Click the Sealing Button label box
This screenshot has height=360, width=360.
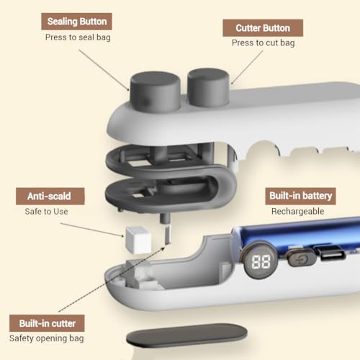point(76,22)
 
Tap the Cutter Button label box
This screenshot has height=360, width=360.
point(263,28)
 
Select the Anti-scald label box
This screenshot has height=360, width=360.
point(50,197)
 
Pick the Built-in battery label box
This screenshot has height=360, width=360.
point(300,196)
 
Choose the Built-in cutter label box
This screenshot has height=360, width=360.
point(47,323)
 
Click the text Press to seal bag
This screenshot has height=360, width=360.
point(78,37)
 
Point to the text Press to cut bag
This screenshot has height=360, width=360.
point(264,43)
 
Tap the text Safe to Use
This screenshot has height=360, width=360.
point(46,212)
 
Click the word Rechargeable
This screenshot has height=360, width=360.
point(297,212)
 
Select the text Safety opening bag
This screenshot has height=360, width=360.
point(47,338)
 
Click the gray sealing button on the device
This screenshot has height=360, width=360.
point(155,91)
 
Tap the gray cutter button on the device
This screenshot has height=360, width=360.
point(208,87)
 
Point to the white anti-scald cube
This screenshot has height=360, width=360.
point(138,240)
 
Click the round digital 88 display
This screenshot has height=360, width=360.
point(261,261)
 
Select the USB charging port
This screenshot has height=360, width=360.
point(330,253)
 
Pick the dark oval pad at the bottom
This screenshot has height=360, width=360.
point(186,336)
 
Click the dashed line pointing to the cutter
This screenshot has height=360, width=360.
point(112,279)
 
